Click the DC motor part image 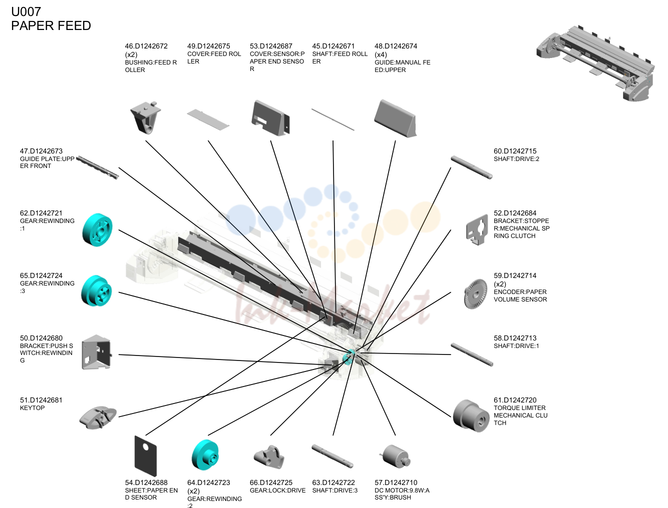(x=395, y=456)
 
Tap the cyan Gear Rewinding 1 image (x=97, y=229)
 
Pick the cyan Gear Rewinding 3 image (x=97, y=291)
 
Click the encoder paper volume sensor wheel (x=475, y=294)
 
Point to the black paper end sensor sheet (x=146, y=456)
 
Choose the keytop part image (x=98, y=417)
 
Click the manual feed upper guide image (x=395, y=118)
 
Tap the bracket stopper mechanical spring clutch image (x=477, y=229)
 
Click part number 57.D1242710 (x=396, y=482)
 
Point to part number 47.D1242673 (x=41, y=151)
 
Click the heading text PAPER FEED (x=51, y=26)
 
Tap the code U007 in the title (x=26, y=12)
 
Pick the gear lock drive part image (x=269, y=457)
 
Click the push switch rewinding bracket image (x=97, y=352)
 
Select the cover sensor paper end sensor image (x=270, y=117)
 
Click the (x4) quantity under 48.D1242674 (x=381, y=54)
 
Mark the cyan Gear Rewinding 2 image (x=205, y=455)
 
